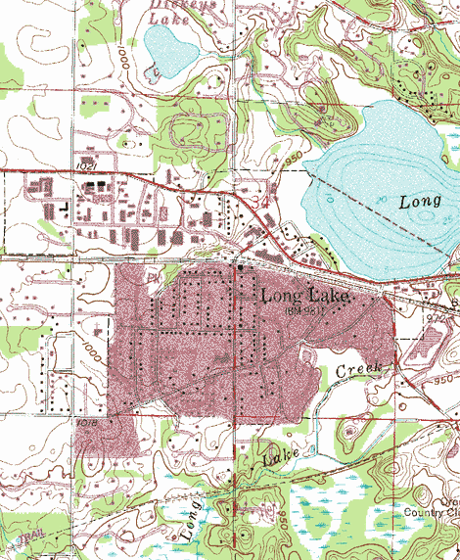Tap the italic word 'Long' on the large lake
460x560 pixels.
(422, 203)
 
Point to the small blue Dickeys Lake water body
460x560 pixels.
(168, 52)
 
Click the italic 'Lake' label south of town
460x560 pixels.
(280, 453)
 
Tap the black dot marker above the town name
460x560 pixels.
(240, 266)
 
